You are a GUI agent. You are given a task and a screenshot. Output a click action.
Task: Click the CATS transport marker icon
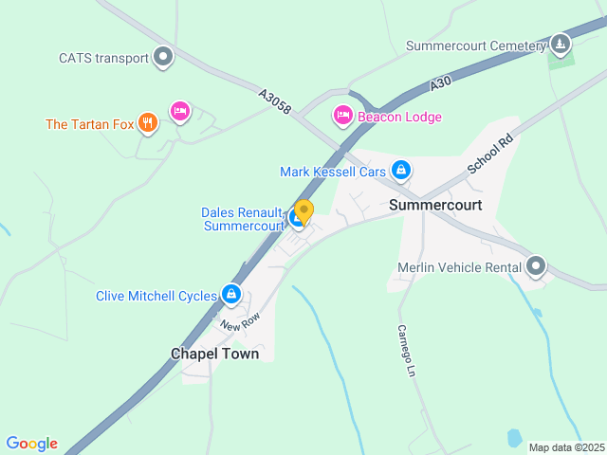coord(164,58)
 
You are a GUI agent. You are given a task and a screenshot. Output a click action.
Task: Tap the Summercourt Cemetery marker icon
coord(561,45)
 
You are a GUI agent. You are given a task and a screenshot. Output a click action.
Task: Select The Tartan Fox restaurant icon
coord(147,123)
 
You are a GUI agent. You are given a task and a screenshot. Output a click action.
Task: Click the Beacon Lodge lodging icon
coord(342,116)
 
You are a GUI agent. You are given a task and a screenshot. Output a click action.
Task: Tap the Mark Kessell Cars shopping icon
coord(401,171)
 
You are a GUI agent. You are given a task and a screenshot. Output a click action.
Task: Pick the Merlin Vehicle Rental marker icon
coord(537,266)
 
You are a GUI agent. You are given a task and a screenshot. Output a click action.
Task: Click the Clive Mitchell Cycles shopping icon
coord(230,295)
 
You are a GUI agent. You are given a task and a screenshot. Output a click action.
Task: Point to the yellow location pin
coord(303,211)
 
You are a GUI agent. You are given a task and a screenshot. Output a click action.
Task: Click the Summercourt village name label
coord(435,205)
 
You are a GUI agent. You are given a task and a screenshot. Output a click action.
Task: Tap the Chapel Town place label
coord(214,354)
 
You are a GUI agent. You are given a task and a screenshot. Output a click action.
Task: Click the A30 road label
coord(438,84)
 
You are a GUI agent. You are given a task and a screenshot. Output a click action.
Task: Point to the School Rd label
coord(489,154)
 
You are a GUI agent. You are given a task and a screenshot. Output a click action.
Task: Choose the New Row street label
coord(240,322)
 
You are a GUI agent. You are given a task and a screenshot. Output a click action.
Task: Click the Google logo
coord(31,443)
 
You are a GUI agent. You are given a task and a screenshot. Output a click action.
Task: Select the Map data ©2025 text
coord(565,447)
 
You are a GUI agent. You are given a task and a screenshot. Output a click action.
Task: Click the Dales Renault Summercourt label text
coord(242,219)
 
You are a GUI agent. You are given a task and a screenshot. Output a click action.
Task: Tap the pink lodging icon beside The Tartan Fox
coord(179,112)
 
